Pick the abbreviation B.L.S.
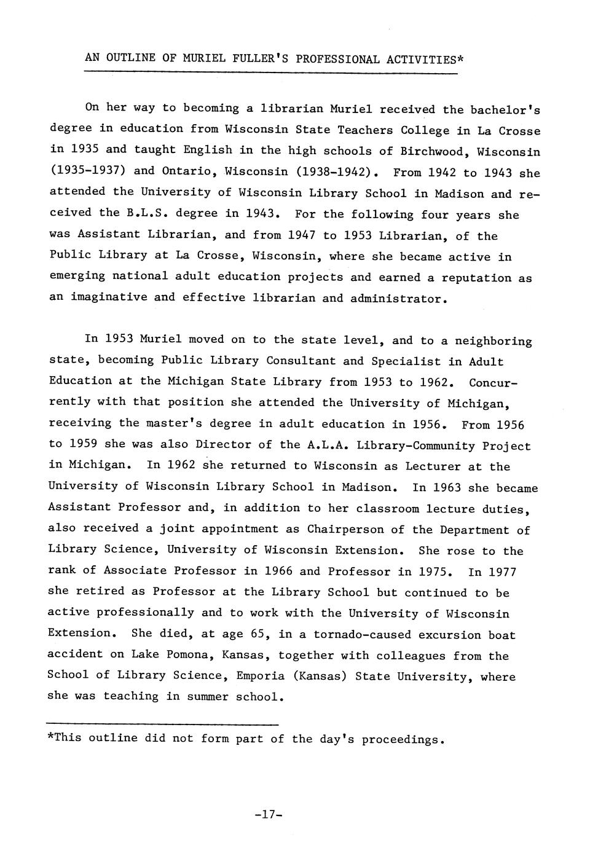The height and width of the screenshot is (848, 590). (147, 213)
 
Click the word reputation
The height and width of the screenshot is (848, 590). (476, 278)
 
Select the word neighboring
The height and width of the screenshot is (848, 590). (494, 341)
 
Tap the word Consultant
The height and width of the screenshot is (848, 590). (301, 361)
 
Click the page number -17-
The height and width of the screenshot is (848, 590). (267, 815)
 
